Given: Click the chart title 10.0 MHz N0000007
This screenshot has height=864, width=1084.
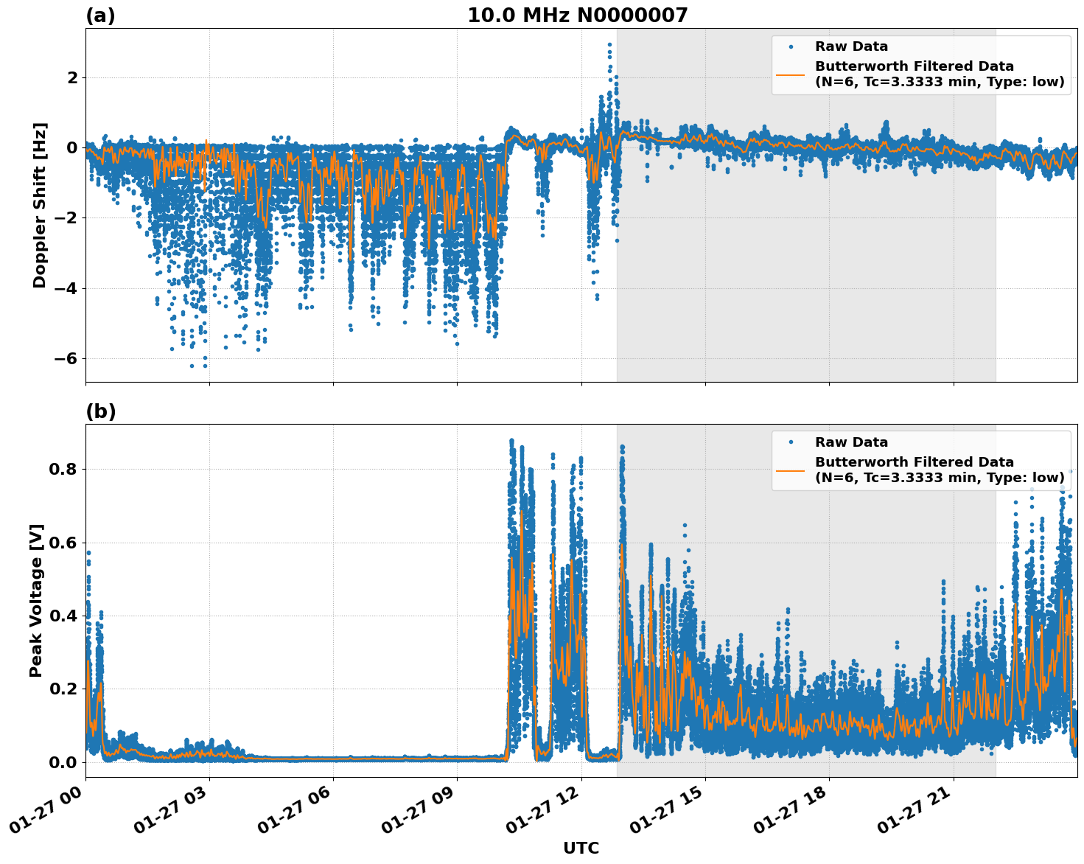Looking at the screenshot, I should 577,15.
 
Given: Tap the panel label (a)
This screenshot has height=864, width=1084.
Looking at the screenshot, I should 100,15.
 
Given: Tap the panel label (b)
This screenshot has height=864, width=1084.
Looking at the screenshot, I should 100,411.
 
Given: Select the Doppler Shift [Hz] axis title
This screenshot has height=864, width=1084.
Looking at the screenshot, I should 39,205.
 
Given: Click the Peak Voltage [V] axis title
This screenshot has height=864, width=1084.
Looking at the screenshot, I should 36,600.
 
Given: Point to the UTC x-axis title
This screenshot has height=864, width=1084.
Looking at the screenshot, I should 581,848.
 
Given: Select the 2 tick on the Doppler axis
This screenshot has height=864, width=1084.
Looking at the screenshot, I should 72,77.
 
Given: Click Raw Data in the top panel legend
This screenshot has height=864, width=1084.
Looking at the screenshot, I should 851,46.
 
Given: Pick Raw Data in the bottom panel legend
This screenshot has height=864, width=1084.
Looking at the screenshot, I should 851,442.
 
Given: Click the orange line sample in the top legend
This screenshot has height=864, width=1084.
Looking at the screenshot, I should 790,74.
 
